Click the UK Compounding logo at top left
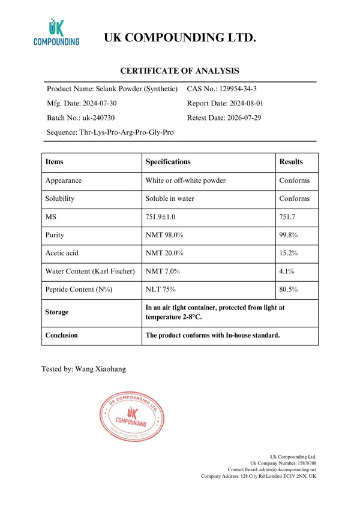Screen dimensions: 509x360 point(56,32)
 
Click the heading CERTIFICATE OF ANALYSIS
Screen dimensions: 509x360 point(179,71)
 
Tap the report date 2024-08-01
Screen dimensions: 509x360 point(243,103)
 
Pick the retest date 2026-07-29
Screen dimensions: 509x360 point(243,118)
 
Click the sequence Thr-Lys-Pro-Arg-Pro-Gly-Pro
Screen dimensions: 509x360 point(127,132)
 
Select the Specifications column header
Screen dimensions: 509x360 point(168,162)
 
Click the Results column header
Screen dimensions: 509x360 point(291,162)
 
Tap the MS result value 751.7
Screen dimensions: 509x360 point(289,216)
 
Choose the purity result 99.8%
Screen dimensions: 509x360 point(289,235)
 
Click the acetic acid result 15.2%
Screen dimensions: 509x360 point(289,253)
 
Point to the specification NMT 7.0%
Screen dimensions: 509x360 point(163,272)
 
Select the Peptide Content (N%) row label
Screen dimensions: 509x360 point(78,290)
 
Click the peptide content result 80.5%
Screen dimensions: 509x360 point(289,290)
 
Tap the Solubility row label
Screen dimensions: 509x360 point(59,198)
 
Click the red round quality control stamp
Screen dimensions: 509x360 point(131,418)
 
